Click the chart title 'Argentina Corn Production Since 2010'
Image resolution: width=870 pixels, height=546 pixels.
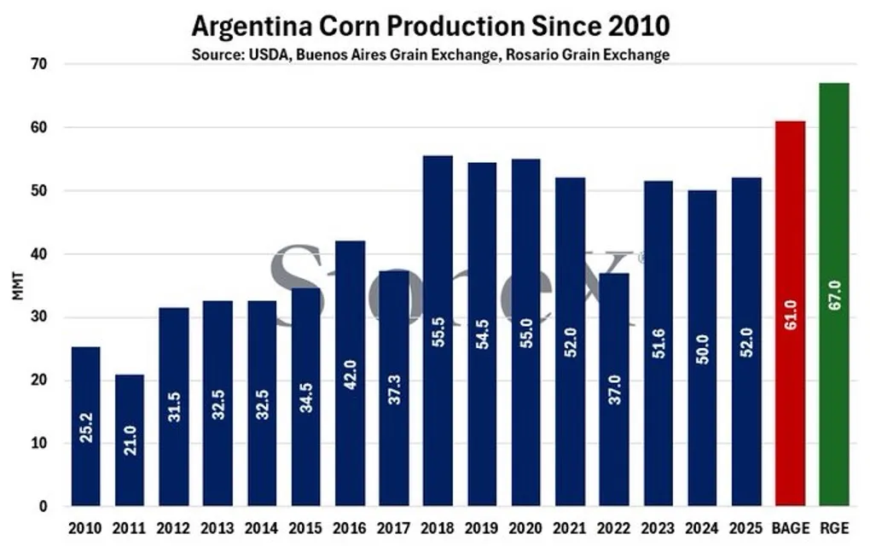click(x=430, y=26)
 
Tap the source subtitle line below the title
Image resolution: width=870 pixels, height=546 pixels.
click(x=430, y=55)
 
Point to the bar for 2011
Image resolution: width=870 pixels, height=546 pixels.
click(x=130, y=440)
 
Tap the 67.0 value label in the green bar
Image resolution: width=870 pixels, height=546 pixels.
click(x=833, y=301)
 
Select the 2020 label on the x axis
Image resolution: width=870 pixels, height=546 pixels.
click(x=525, y=528)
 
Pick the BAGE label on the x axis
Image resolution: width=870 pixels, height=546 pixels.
click(x=790, y=528)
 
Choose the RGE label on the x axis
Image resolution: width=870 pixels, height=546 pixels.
click(x=833, y=528)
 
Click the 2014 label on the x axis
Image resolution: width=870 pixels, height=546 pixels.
click(x=262, y=528)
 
